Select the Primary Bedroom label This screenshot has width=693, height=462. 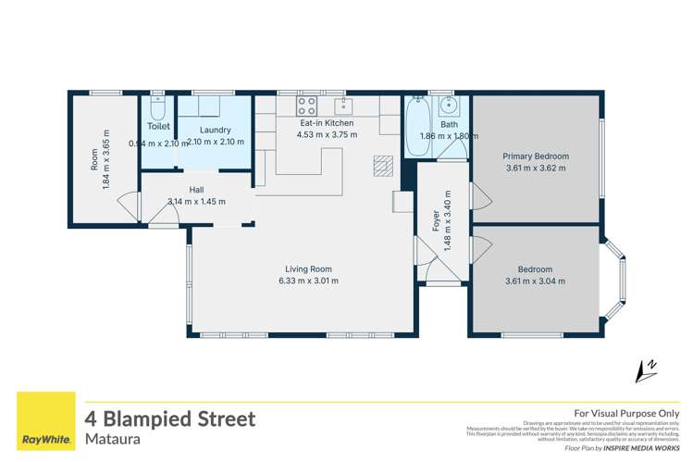coord(536,156)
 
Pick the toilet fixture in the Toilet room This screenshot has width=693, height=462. coord(157,102)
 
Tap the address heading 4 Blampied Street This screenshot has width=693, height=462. coord(169,418)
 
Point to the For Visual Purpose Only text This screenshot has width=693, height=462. coord(626,413)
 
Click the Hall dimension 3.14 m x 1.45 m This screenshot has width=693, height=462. coord(196,201)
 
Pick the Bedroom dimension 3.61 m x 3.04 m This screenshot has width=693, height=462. coord(535,281)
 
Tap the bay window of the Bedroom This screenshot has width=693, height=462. coord(615,274)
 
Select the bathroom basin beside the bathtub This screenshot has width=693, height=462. coord(449,104)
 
